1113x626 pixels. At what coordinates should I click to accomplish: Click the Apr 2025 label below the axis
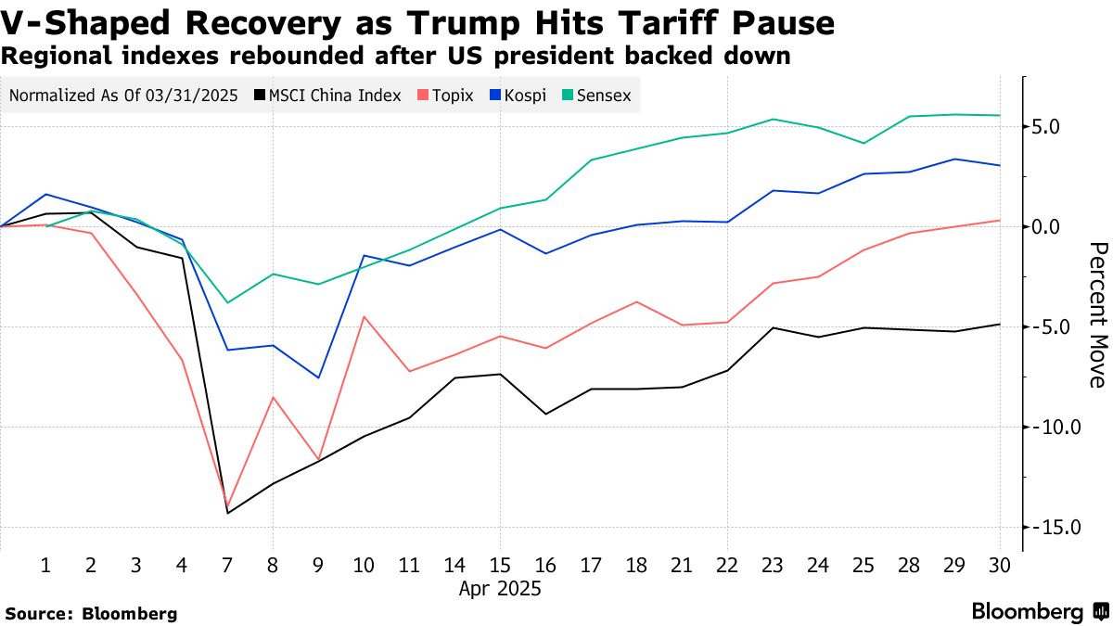500,588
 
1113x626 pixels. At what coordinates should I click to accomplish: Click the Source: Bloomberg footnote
91,613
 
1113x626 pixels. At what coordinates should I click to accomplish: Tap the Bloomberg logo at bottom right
1039,611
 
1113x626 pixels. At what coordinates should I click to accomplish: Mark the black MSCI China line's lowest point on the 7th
227,513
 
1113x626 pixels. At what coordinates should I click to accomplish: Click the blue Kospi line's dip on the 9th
318,377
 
